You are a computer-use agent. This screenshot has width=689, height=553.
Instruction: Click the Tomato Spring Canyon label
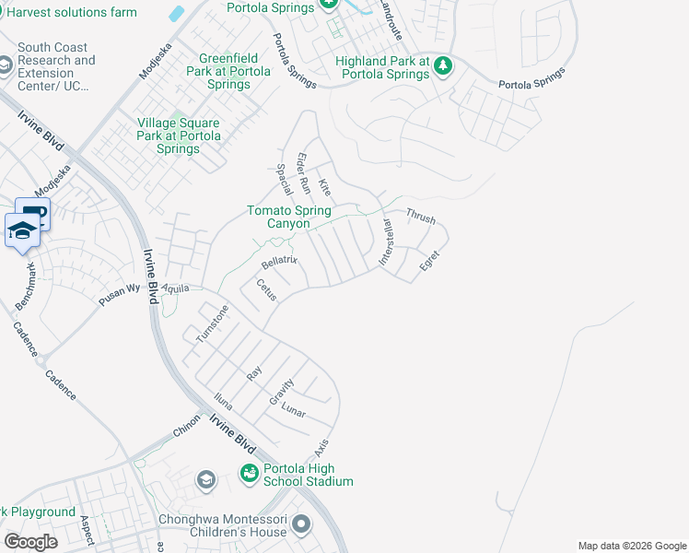click(288, 217)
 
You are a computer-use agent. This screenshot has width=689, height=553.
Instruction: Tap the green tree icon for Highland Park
click(443, 65)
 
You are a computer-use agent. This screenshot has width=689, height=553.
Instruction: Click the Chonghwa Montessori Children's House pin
click(301, 525)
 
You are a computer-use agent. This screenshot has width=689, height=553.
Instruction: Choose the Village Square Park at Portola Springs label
click(179, 135)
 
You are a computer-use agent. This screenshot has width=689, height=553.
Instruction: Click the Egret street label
click(428, 260)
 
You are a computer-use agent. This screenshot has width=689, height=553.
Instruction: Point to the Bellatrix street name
click(279, 262)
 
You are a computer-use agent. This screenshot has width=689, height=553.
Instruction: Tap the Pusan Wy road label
click(120, 294)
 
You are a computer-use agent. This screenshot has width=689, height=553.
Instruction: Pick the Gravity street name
click(282, 392)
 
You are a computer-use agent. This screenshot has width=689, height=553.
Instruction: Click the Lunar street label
click(293, 410)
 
